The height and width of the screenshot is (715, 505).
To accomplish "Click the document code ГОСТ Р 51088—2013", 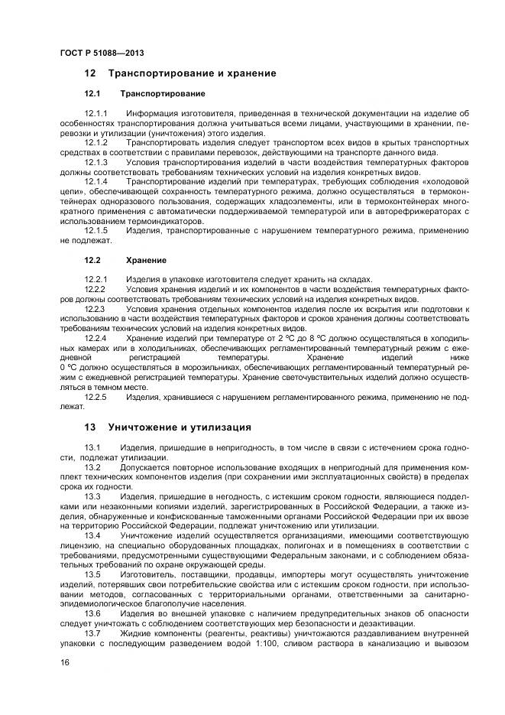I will pyautogui.click(x=102, y=53).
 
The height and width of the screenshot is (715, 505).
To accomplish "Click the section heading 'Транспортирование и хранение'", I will pyautogui.click(x=192, y=73).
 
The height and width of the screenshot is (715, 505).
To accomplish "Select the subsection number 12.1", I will pyautogui.click(x=92, y=93).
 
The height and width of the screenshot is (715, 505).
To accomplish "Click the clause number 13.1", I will pyautogui.click(x=92, y=447).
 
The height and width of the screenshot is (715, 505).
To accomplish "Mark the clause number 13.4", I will pyautogui.click(x=92, y=536).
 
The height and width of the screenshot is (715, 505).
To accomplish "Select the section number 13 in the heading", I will pyautogui.click(x=90, y=427).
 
